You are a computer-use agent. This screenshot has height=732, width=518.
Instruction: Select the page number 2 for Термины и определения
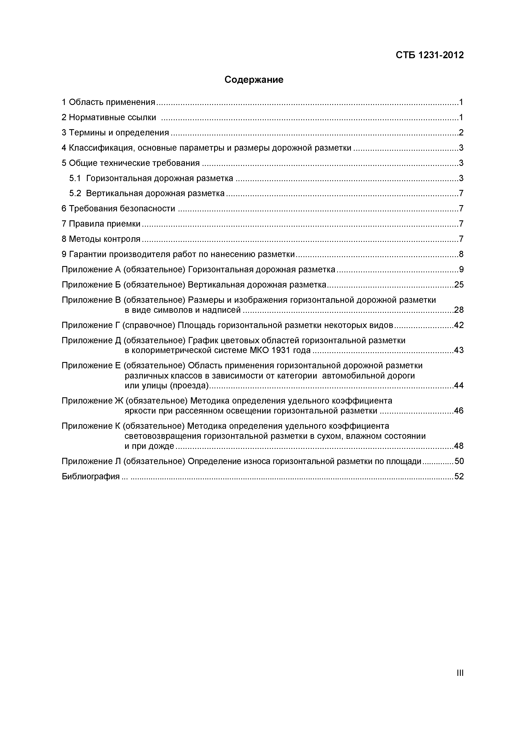[461, 133]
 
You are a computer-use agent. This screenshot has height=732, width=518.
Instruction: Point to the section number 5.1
[75, 178]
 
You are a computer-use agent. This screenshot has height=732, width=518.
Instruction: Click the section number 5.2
[75, 193]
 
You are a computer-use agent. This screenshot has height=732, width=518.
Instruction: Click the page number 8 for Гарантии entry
[461, 254]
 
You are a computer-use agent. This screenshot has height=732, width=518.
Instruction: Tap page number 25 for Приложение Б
[459, 285]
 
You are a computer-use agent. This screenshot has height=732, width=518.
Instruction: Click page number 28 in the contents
[459, 310]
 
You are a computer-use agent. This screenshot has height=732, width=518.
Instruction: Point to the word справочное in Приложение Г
[149, 325]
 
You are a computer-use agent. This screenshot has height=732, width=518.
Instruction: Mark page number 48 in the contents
[459, 446]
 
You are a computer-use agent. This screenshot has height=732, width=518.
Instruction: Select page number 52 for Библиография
[459, 477]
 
